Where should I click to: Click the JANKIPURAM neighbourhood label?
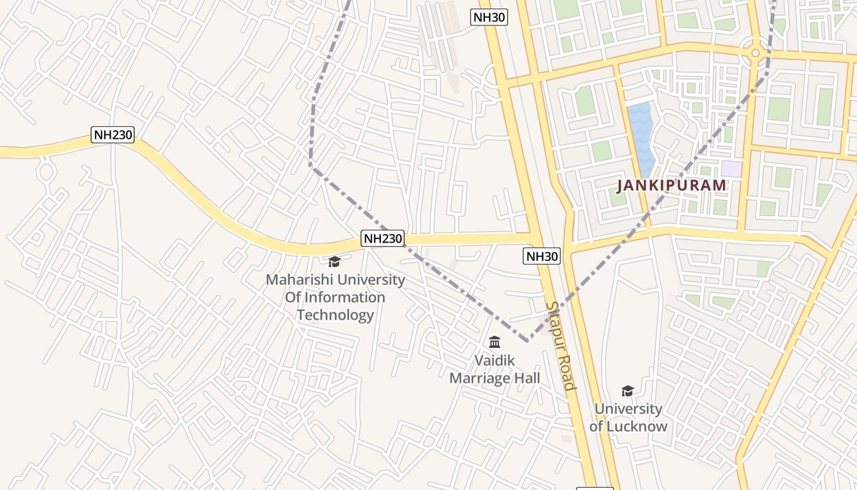(672, 185)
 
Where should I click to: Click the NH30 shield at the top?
(489, 17)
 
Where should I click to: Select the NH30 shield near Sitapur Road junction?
(542, 256)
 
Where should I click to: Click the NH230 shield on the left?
(113, 135)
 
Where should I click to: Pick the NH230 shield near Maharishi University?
(383, 239)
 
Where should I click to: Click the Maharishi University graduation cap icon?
(334, 262)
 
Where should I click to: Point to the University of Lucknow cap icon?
(627, 391)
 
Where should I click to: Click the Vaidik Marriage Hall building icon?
(495, 342)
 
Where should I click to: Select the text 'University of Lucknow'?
(628, 417)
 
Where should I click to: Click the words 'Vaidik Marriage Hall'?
(495, 369)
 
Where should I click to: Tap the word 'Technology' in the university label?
(335, 315)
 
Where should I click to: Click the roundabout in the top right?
(755, 53)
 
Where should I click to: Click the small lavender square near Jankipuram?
(731, 168)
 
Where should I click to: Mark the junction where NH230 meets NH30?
(536, 238)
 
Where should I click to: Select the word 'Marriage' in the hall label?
(480, 379)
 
